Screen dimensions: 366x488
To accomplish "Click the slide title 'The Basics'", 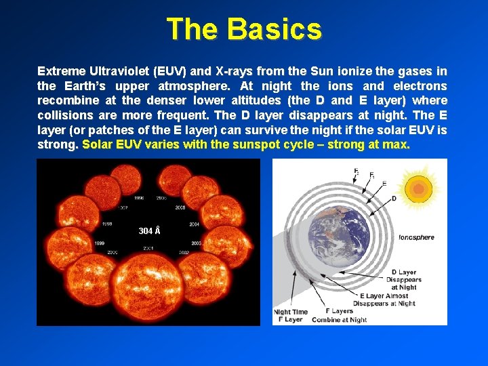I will point(244,29).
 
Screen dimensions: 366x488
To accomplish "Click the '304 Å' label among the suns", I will point(149,231).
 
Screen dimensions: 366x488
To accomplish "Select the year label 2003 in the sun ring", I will point(196,243).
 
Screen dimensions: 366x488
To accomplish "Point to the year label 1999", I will point(99,243).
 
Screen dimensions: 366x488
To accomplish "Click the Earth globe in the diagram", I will point(342,239).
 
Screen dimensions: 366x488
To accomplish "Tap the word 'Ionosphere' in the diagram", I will point(416,237).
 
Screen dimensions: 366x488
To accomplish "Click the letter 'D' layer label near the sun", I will point(394,199).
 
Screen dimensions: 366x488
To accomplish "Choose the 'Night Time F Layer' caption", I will point(291,316).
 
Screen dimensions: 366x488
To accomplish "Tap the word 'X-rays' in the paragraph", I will point(214,71).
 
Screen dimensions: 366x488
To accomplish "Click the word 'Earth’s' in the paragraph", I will point(87,86).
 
